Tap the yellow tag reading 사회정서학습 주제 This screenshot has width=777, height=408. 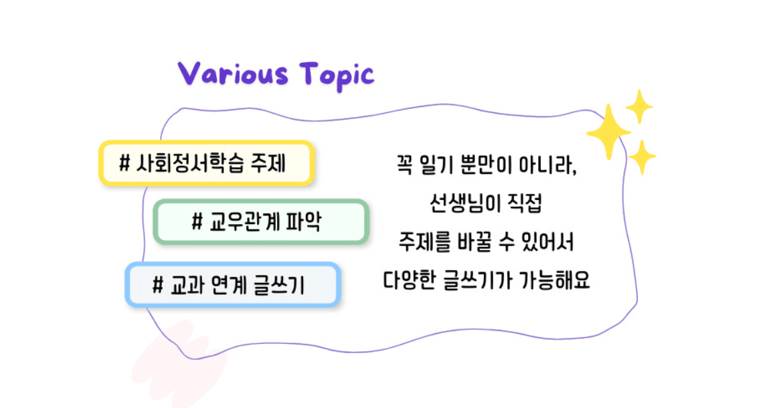pos(206,163)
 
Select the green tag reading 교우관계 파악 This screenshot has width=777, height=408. pos(261,221)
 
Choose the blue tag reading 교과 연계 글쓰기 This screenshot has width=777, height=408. pos(233,284)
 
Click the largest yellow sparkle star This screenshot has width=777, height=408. pos(608,132)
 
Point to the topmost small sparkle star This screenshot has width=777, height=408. pos(638,106)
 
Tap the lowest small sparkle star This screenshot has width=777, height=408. pos(642,157)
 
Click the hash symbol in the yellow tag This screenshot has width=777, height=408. pos(124,163)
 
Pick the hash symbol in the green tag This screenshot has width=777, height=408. pos(197,221)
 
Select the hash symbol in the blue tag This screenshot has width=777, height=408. pos(159,285)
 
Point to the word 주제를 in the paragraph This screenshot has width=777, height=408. pos(423,241)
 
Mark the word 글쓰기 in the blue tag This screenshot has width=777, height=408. pos(280,285)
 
